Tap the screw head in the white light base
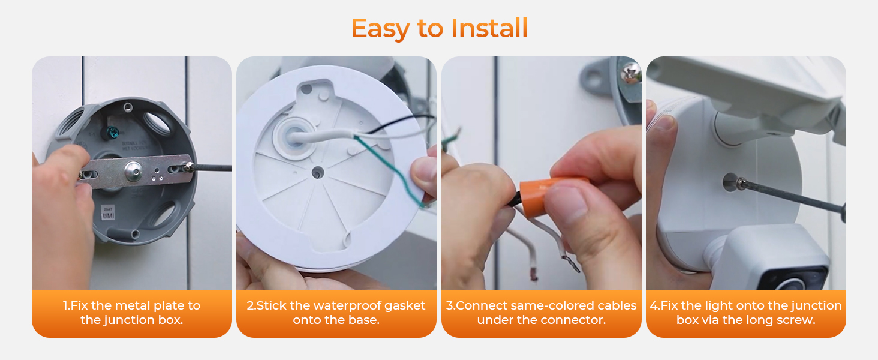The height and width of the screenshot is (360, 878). [730, 182]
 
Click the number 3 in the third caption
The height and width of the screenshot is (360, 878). [449, 305]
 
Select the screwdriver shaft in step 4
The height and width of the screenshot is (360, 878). [792, 195]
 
